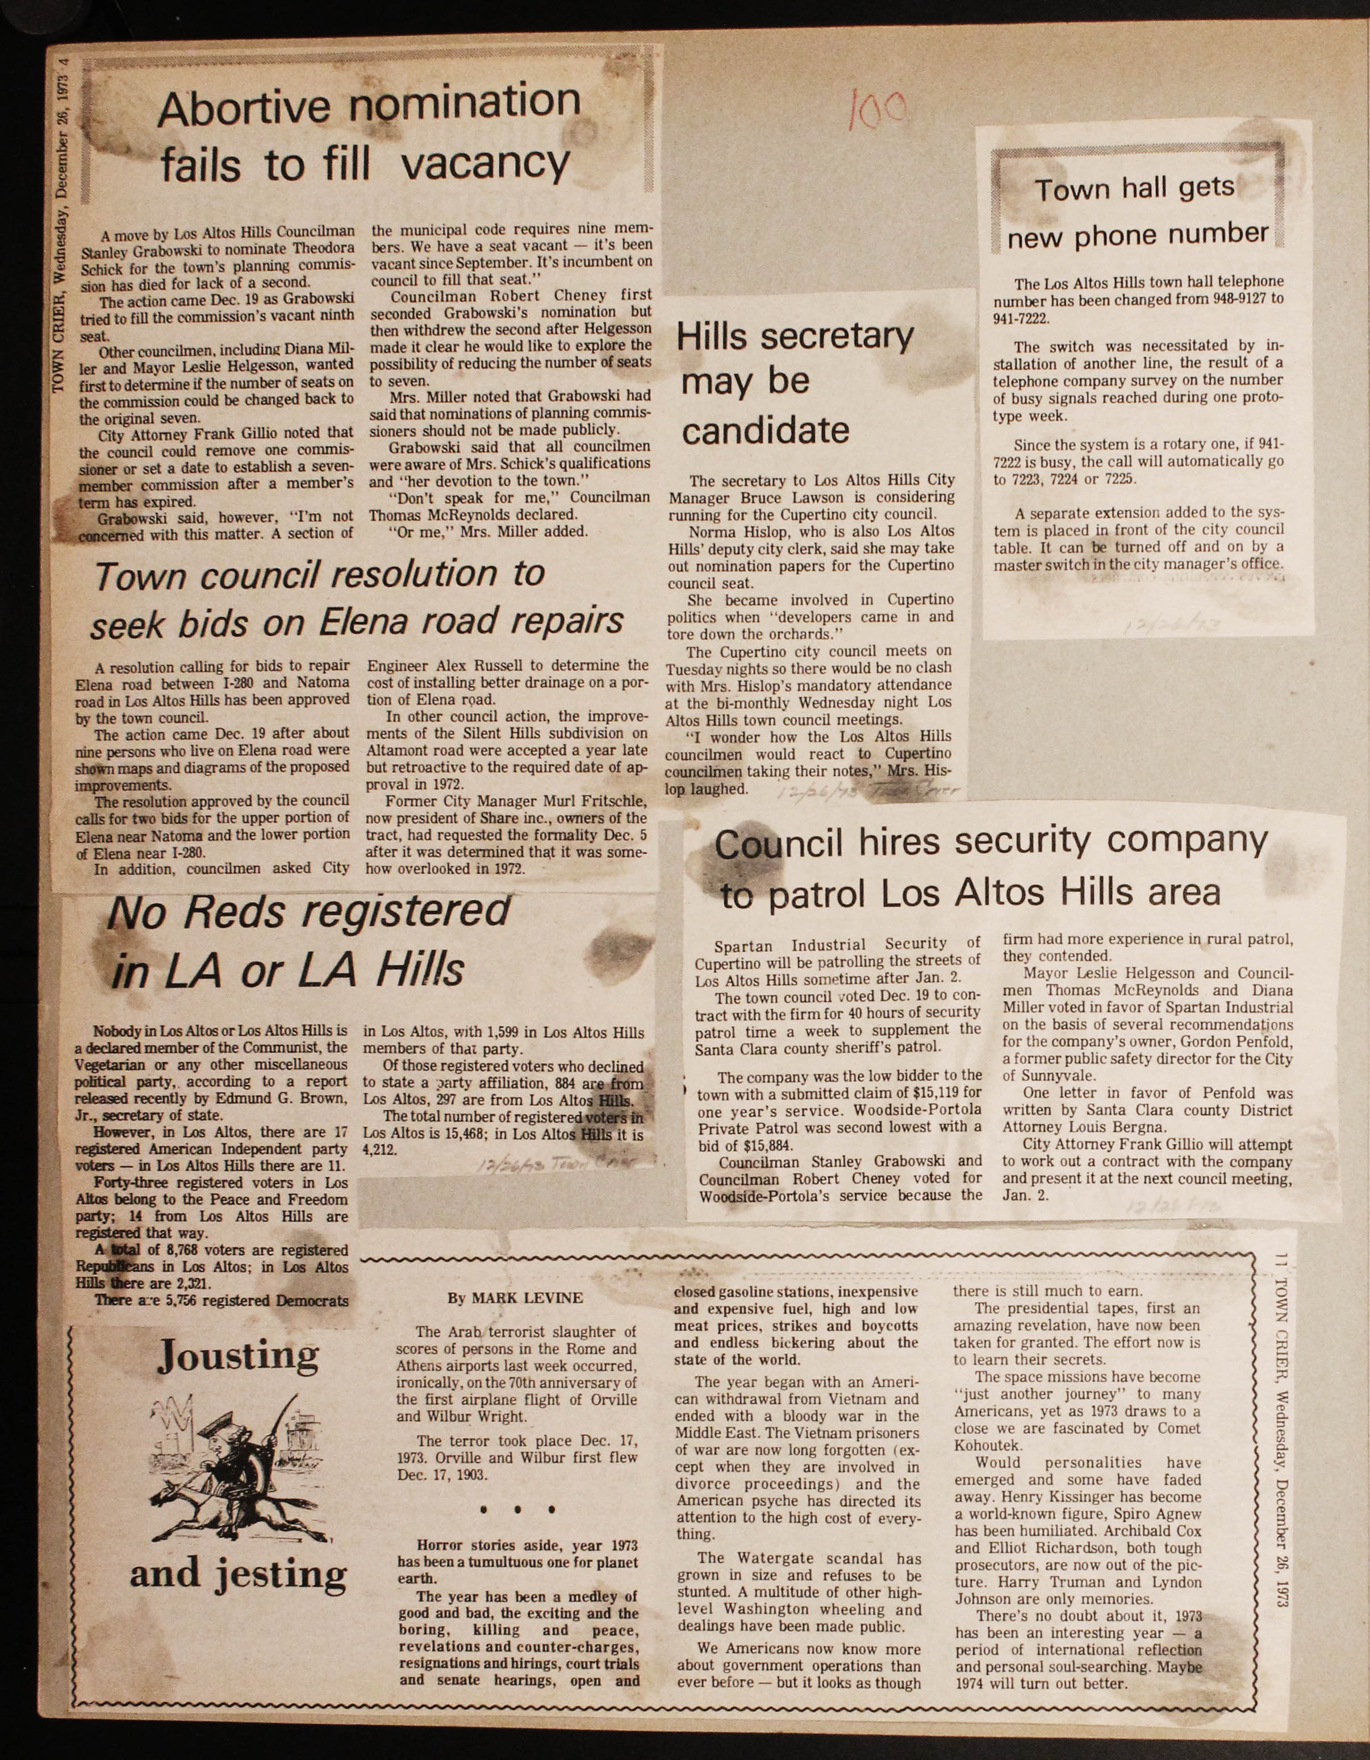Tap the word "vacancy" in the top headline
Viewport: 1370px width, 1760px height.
pyautogui.click(x=485, y=164)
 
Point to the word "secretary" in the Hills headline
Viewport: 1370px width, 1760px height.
pyautogui.click(x=837, y=335)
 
